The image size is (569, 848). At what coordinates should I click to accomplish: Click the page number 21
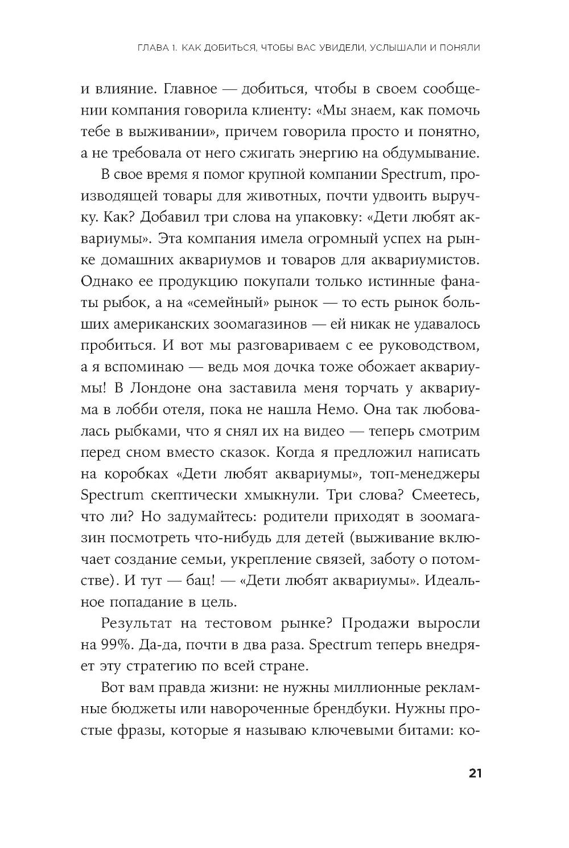[x=475, y=773]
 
